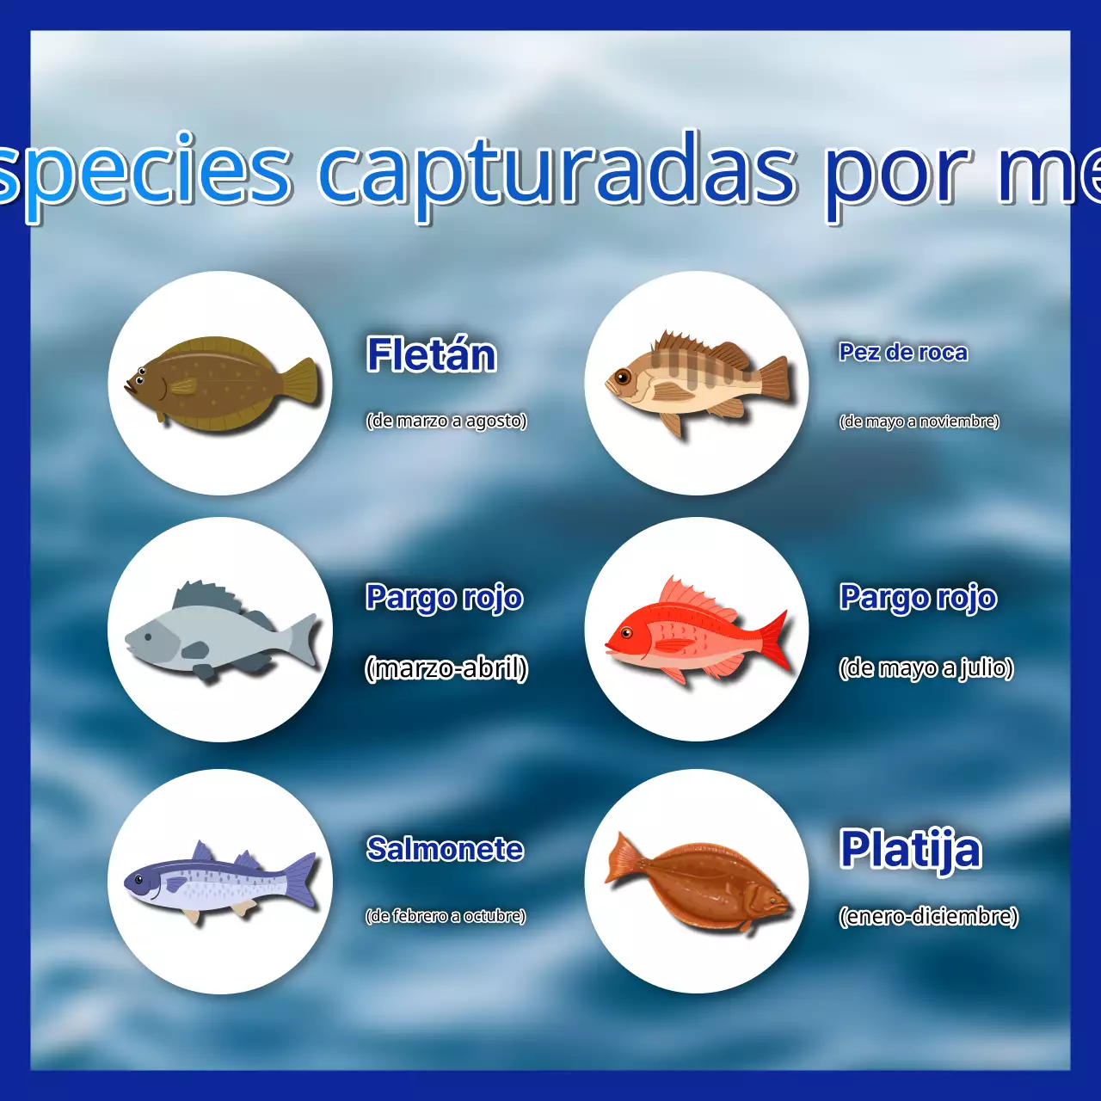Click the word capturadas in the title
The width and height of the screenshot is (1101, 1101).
(x=557, y=172)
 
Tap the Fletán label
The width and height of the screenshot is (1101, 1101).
(x=431, y=355)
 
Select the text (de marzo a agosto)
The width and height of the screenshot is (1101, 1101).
(x=446, y=421)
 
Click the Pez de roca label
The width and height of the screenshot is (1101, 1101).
(x=903, y=353)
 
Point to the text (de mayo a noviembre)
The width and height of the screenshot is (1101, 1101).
(x=919, y=421)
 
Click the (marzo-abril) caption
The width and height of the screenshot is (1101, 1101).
(x=446, y=668)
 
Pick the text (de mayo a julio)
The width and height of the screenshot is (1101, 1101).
(x=926, y=668)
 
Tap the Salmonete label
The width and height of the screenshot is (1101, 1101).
(x=445, y=849)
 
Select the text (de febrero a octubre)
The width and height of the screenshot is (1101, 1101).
(x=446, y=916)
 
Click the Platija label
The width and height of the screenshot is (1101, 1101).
(x=910, y=850)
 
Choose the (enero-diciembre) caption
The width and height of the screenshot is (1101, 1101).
(x=929, y=916)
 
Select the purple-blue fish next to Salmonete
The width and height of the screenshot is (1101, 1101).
(x=219, y=881)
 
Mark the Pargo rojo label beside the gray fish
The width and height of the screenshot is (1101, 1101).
(x=444, y=598)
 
